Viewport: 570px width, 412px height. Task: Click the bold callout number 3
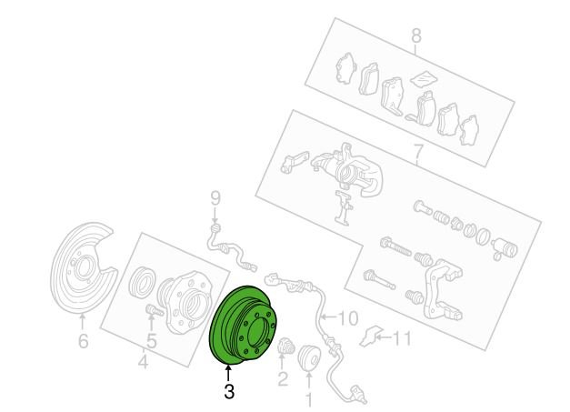pyautogui.click(x=229, y=392)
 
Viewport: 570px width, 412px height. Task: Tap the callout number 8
pyautogui.click(x=416, y=36)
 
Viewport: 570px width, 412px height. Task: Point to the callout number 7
pyautogui.click(x=418, y=153)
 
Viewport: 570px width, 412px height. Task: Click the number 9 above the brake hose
pyautogui.click(x=215, y=199)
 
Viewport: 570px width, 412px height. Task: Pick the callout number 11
pyautogui.click(x=402, y=338)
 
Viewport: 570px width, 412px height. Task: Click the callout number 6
pyautogui.click(x=84, y=341)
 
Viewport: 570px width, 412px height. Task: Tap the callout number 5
pyautogui.click(x=151, y=341)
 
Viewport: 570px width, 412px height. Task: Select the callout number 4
pyautogui.click(x=144, y=362)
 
